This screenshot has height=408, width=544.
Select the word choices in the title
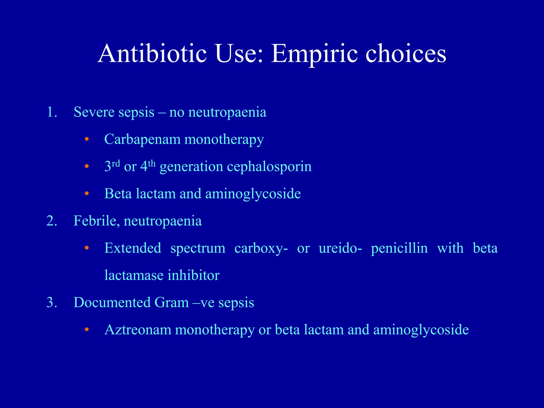tap(405, 54)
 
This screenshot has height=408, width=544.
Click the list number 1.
tap(52, 112)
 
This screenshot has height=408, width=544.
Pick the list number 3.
tap(52, 303)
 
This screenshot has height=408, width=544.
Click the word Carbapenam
tap(142, 139)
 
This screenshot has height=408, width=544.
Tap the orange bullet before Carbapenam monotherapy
tap(87, 139)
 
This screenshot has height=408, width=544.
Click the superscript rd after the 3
tap(116, 163)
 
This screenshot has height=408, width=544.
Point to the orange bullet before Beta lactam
tap(87, 194)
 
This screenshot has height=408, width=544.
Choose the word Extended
tap(133, 248)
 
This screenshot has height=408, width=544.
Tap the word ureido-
tap(340, 248)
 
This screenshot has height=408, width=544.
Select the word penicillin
tap(399, 248)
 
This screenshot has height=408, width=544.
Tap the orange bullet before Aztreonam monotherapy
tap(87, 330)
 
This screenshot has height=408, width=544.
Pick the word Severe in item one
tap(93, 112)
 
